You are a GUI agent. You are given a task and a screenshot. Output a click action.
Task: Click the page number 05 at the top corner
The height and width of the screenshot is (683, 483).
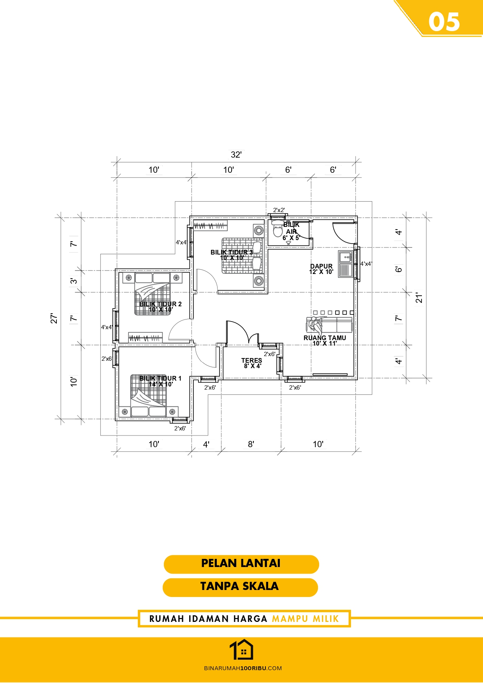[444, 22]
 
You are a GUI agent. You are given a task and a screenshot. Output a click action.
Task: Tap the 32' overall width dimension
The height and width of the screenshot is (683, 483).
[236, 155]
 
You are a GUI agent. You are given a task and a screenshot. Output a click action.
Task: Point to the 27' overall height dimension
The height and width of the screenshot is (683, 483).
[54, 318]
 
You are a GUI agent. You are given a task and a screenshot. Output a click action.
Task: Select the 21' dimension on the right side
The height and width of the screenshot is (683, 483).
[419, 298]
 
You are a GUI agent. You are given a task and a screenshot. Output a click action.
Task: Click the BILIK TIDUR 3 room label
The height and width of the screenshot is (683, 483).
[232, 252]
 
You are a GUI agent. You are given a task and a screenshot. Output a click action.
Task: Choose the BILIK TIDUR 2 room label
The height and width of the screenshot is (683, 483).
[160, 304]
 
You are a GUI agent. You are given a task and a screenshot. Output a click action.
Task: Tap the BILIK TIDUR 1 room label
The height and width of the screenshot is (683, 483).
[160, 378]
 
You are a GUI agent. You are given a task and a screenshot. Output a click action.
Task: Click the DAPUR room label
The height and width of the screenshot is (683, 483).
[321, 266]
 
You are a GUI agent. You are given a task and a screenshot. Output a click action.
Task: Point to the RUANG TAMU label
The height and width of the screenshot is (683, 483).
[325, 338]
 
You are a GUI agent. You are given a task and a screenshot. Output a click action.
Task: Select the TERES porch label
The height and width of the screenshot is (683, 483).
[251, 360]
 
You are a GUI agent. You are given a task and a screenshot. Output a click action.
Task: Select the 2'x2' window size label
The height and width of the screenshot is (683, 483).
[279, 210]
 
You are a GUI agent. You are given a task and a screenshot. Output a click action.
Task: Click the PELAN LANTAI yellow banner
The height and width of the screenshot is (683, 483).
[241, 564]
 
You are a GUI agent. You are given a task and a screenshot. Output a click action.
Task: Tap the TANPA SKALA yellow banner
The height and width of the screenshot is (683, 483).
[240, 587]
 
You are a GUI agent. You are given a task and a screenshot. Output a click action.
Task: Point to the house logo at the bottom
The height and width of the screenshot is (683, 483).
[241, 650]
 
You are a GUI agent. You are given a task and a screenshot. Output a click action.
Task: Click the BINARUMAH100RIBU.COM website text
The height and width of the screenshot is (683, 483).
[243, 668]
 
